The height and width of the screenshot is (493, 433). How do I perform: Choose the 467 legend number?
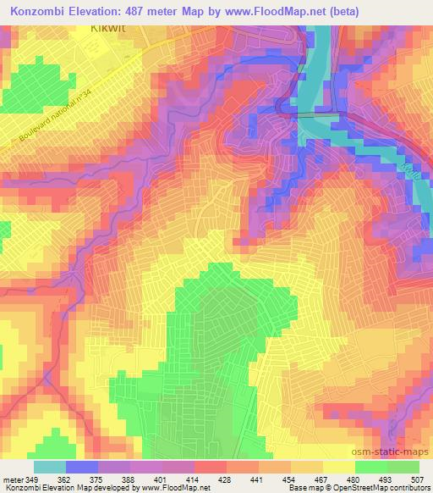323,479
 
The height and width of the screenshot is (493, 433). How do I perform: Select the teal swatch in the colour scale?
50,467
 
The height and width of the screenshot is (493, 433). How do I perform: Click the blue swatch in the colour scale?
82,467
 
